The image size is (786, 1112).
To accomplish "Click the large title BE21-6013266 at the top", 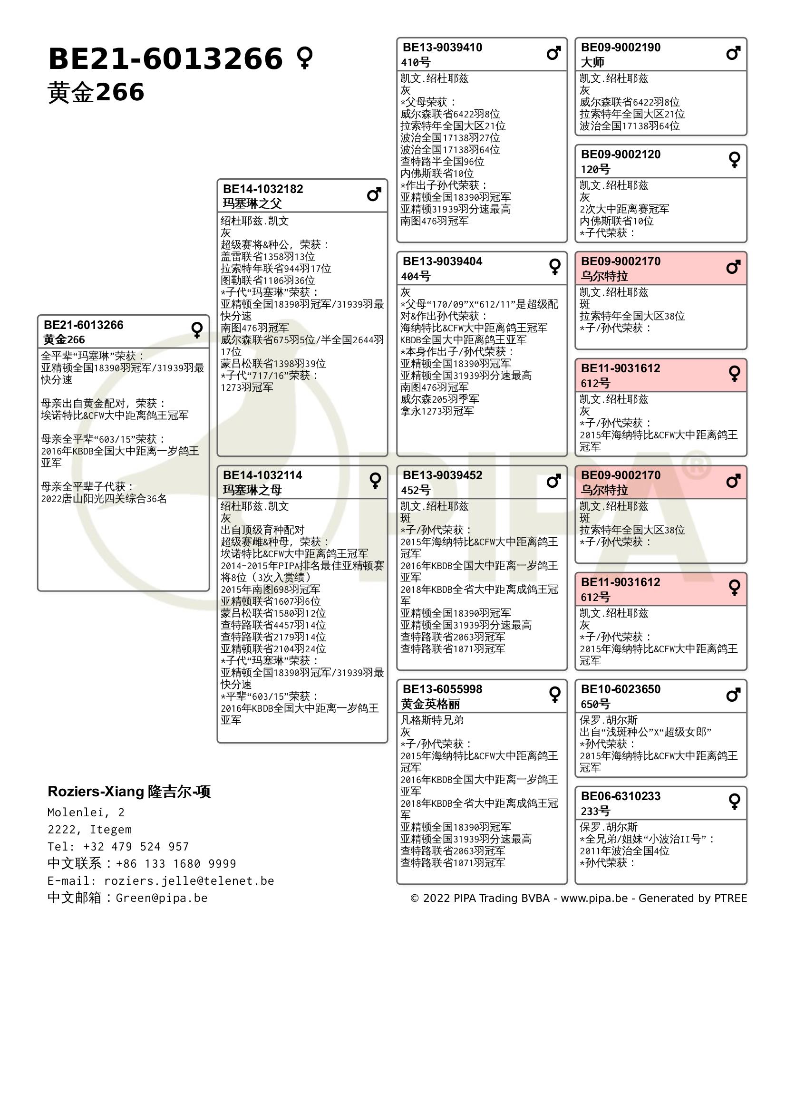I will (165, 59).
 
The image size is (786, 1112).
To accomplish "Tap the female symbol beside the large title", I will (305, 58).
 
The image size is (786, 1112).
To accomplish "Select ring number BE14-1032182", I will (263, 189).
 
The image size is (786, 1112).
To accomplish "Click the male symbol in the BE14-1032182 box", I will (374, 194).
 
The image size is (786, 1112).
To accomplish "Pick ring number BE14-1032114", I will (262, 475).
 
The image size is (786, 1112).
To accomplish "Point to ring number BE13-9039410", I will (442, 48).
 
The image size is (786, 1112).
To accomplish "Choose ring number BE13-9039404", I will (442, 261).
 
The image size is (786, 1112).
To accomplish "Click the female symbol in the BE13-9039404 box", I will (554, 266).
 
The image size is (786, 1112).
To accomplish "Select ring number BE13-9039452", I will (442, 475).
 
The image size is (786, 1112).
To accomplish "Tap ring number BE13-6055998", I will (442, 689).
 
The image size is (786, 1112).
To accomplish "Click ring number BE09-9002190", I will (621, 48).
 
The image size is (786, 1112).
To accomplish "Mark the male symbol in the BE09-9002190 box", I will (733, 53).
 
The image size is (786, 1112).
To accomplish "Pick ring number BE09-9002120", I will (621, 155).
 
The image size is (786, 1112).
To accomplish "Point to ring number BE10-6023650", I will (621, 689).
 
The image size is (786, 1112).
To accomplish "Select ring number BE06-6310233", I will (621, 796).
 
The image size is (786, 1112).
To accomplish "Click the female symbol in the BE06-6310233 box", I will (734, 802).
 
